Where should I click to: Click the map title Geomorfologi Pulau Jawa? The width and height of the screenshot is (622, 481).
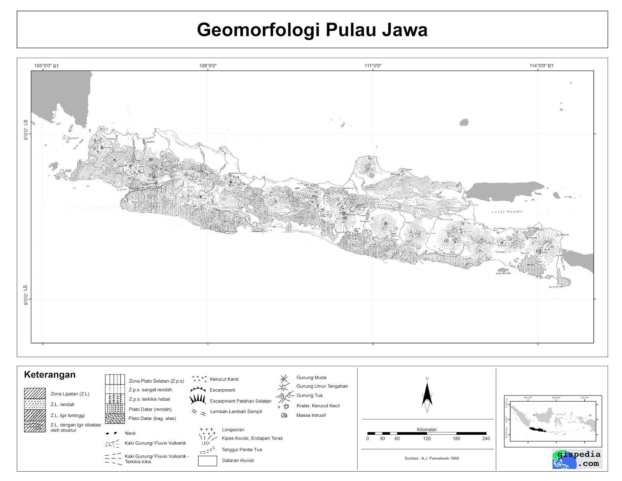312,30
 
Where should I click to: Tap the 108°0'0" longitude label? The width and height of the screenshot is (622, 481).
208,66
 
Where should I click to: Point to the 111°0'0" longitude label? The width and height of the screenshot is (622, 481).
373,66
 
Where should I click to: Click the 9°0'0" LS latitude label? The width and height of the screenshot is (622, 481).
26,295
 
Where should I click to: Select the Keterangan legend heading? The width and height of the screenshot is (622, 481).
50,374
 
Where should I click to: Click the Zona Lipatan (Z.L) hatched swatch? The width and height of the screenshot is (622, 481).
35,394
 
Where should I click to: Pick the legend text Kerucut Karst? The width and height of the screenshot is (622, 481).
224,379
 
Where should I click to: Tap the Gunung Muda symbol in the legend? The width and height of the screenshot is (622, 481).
284,378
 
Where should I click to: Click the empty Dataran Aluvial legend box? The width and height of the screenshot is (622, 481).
207,461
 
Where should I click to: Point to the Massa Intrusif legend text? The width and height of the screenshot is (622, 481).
311,415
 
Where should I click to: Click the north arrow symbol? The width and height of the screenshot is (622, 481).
427,397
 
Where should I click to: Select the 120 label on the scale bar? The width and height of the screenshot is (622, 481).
427,439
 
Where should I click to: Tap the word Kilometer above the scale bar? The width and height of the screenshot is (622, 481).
426,429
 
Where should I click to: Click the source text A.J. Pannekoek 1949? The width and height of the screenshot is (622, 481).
432,458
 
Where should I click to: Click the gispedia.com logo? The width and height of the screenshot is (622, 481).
577,459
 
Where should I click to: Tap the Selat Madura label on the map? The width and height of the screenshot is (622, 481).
507,212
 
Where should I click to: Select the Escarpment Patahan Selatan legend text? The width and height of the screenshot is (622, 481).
240,401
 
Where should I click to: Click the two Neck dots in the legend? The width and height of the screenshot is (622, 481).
111,433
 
